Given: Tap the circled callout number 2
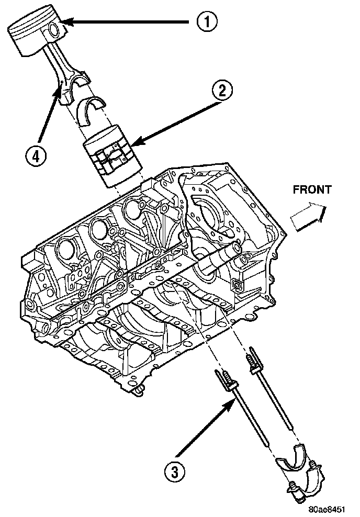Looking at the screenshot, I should [222, 91].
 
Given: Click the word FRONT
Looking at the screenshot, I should [312, 190].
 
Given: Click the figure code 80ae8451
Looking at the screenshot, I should [327, 508].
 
